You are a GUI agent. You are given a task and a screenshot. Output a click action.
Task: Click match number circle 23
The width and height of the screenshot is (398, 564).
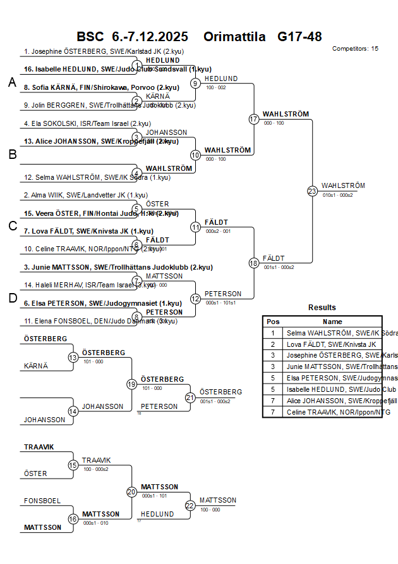point(312,191)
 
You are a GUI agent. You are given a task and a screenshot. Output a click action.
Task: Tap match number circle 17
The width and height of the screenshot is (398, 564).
point(254,119)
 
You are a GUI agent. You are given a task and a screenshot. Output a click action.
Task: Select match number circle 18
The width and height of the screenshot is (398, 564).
point(254,263)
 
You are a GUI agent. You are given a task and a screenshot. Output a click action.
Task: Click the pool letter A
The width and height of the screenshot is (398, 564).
point(12,83)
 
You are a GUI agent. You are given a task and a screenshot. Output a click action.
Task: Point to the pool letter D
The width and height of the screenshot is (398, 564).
point(12,298)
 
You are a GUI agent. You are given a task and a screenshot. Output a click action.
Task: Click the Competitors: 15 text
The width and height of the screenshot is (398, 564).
point(355,48)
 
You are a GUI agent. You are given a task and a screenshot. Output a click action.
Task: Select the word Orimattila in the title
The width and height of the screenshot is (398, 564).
point(234,37)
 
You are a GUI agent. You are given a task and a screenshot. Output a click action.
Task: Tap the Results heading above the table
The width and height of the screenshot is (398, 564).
point(322,308)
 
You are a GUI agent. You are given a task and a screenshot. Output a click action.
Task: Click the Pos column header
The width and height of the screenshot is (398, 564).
point(273,322)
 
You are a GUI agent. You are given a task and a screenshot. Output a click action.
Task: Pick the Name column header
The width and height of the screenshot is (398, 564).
point(332,322)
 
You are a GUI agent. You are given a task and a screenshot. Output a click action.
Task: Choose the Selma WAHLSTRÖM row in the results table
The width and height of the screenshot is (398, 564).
point(333,333)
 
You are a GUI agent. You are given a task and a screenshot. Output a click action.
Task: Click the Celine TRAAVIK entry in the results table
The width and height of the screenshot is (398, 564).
point(333,412)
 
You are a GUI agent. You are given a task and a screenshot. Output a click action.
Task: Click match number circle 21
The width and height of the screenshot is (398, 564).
point(190,398)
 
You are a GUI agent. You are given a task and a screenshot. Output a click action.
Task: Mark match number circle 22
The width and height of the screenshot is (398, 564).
point(190,505)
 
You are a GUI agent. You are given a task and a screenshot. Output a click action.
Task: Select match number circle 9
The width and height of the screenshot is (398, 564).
point(196,83)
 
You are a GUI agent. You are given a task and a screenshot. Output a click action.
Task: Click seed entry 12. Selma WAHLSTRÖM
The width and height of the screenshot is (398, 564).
point(97,177)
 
